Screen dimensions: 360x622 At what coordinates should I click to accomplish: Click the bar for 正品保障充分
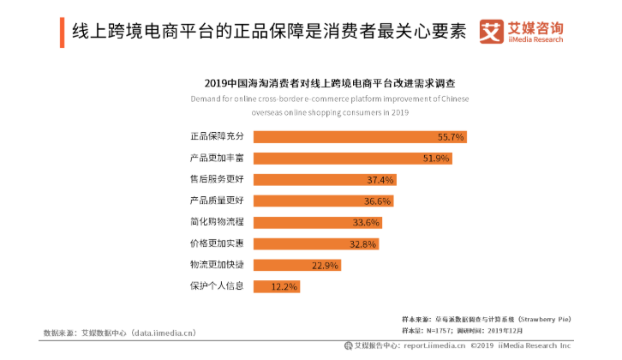360,137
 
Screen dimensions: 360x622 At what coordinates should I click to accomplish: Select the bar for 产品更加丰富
352,159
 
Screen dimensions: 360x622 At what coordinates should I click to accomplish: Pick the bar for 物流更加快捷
296,265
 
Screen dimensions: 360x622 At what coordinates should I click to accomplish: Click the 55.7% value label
451,137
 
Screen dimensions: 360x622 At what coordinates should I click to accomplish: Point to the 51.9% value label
436,159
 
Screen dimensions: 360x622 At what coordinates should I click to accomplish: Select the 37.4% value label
380,180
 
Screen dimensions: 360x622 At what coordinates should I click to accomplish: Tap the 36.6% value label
377,201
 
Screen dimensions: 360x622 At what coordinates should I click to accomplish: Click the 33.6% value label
366,222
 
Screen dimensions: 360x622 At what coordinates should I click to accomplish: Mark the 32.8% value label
362,243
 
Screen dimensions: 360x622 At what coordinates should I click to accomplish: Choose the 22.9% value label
325,265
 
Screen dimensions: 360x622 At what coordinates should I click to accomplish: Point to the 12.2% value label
284,285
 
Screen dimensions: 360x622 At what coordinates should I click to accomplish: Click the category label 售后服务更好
218,180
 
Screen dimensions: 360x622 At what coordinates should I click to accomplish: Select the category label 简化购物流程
218,222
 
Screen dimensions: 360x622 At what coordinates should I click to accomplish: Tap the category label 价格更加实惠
218,243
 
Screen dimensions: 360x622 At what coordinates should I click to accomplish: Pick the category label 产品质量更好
218,201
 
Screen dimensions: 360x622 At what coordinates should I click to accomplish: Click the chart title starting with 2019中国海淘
330,84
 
